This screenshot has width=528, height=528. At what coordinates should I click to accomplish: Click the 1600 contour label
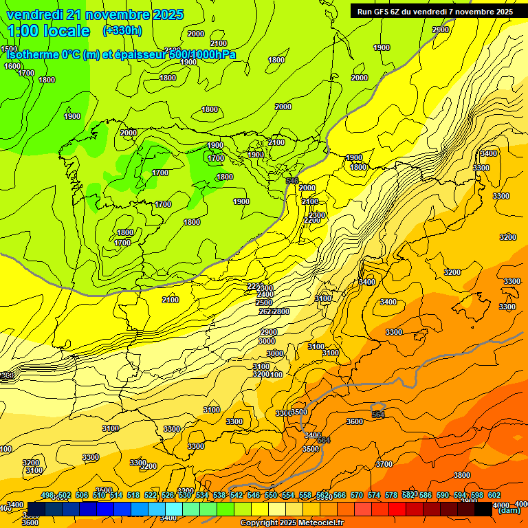(x=12, y=66)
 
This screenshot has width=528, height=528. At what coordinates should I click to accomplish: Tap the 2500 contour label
(x=264, y=302)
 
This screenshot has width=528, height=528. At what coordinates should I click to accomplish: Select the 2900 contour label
(x=269, y=332)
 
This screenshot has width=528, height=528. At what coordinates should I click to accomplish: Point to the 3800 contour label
(x=462, y=475)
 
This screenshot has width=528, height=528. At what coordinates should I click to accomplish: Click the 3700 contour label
(x=384, y=464)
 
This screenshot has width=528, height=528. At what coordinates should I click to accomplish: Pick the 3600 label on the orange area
(x=355, y=421)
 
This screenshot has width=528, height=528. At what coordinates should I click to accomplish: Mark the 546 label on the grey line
(x=292, y=181)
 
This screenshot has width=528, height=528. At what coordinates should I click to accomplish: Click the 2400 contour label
(x=265, y=295)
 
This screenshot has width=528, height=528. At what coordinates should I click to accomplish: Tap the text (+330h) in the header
(x=122, y=30)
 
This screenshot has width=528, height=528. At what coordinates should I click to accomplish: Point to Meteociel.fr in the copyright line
(x=317, y=523)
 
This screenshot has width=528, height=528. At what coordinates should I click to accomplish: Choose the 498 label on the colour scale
(x=47, y=495)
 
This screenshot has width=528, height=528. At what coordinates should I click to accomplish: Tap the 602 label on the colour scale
(x=494, y=495)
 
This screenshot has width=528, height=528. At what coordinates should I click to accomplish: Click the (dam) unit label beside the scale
(x=509, y=510)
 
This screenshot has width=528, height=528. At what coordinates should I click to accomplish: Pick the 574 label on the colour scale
(x=374, y=495)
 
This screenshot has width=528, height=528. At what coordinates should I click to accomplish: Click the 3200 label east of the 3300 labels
(x=507, y=237)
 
